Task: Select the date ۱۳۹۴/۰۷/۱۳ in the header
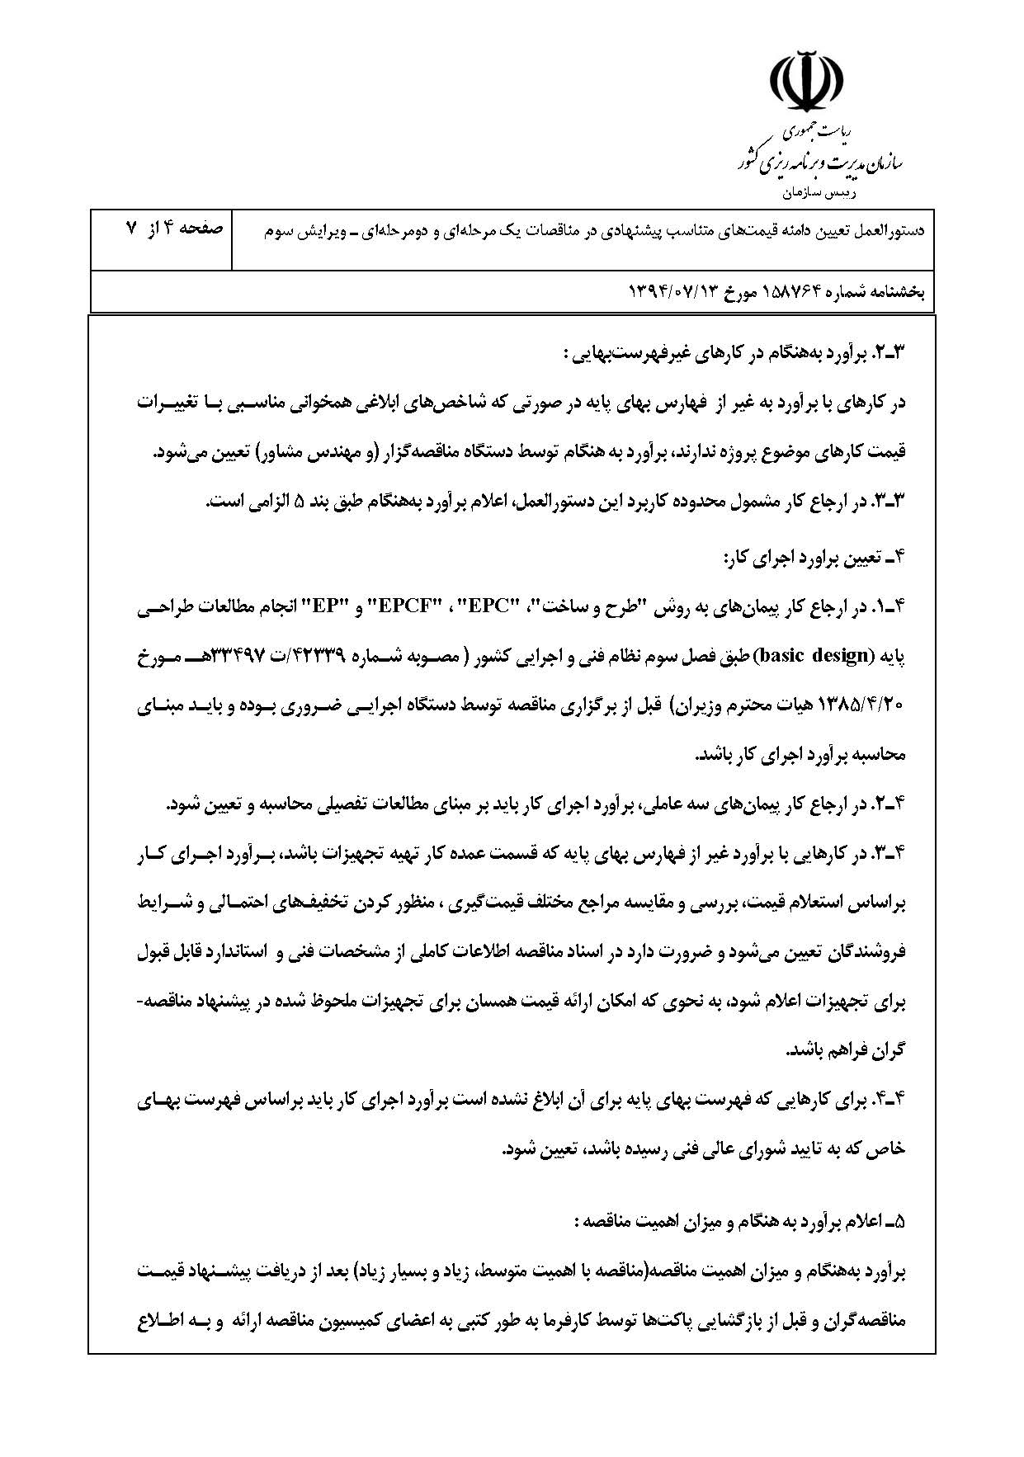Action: coord(671,292)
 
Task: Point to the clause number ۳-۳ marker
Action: coord(891,501)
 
